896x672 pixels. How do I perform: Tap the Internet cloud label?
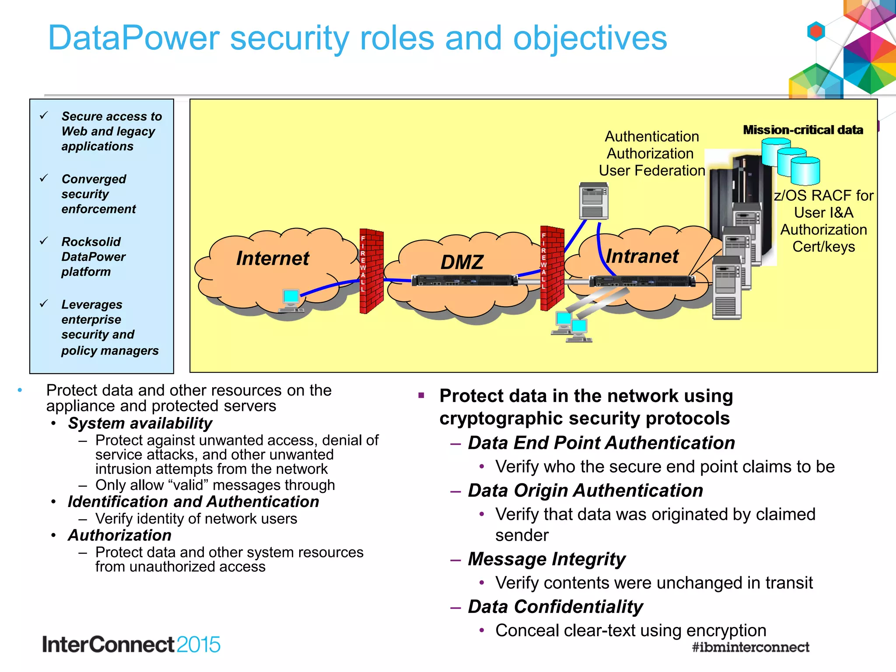[272, 258]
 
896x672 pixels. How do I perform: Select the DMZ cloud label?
[462, 262]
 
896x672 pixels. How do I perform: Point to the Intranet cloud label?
[642, 256]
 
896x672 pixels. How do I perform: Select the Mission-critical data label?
[803, 130]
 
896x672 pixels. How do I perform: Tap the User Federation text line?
[651, 171]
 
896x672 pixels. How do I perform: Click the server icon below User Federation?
[594, 201]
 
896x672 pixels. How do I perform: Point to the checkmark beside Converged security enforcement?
[44, 178]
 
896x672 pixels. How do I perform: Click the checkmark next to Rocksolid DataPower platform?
[44, 241]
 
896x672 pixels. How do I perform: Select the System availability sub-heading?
[140, 423]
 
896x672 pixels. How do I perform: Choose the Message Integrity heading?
[546, 559]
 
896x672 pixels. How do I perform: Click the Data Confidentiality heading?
[555, 606]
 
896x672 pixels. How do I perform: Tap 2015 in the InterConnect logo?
[199, 644]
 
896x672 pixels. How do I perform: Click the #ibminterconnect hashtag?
[750, 647]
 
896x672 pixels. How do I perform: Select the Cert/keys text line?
[823, 247]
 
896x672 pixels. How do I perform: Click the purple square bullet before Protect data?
[421, 395]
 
